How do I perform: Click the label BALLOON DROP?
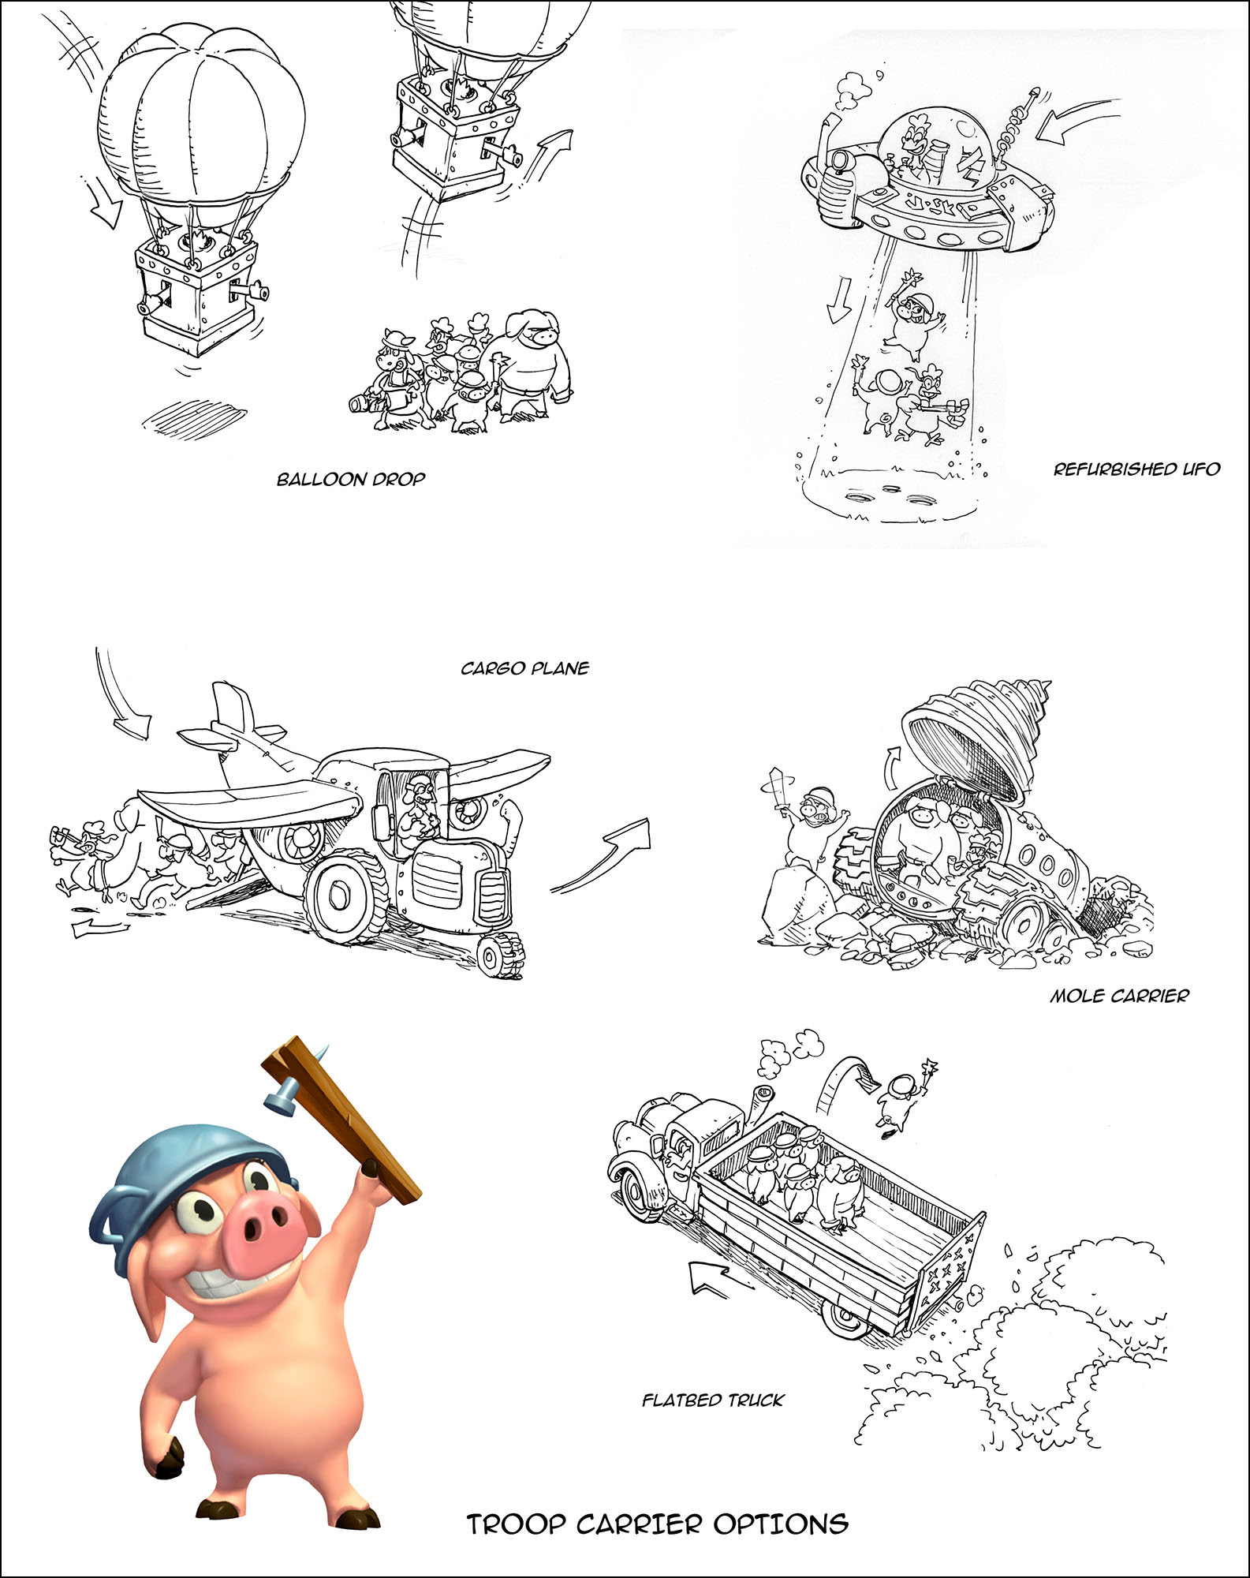coord(351,479)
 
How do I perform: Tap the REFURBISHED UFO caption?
coord(1136,469)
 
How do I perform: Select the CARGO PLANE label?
coord(525,668)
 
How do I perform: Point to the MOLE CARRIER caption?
coord(1119,996)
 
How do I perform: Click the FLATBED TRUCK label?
coord(713,1400)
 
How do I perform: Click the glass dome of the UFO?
coord(936,150)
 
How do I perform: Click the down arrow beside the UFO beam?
coord(838,299)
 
